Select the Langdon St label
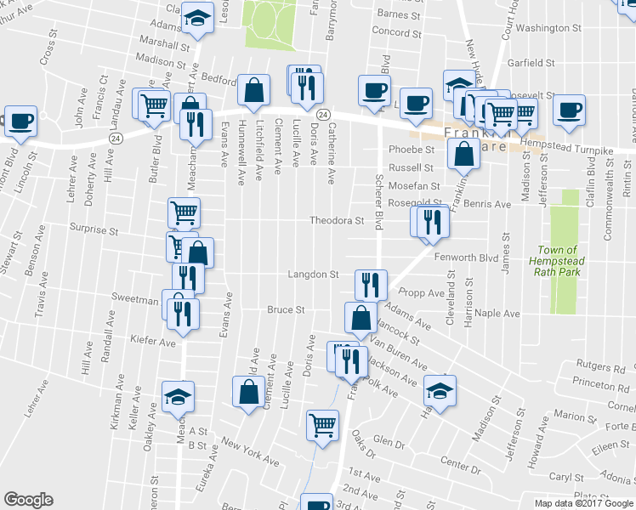pos(314,275)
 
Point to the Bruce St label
pos(286,310)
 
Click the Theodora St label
pos(337,221)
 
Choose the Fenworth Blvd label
pos(465,257)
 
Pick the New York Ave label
pos(250,452)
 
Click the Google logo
pos(28,500)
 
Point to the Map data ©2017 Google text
pos(585,503)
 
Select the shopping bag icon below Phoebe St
pos(462,154)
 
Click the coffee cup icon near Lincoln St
pos(20,120)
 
